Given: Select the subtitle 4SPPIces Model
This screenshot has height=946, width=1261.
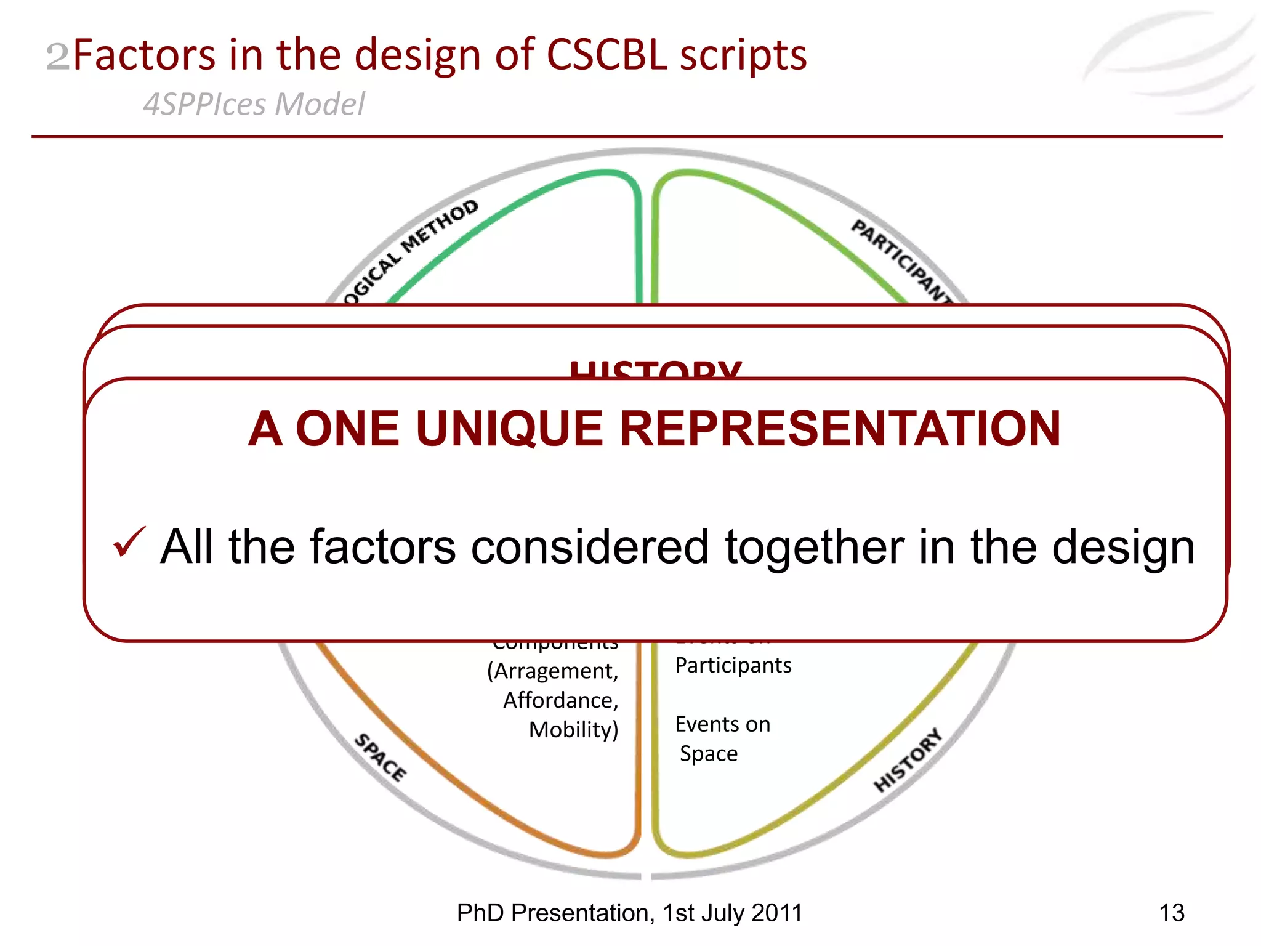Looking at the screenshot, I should tap(254, 103).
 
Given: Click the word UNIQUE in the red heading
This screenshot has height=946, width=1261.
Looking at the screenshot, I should tap(509, 429).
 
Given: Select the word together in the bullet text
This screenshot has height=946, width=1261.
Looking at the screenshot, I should tap(814, 547).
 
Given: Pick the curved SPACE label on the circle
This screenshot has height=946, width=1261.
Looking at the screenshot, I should tap(381, 758).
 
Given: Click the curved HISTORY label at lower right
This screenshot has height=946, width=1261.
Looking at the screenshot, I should tap(908, 760).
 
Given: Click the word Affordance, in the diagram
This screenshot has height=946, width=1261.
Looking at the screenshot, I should tap(560, 700).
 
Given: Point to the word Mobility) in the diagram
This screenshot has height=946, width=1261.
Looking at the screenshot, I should tap(573, 730).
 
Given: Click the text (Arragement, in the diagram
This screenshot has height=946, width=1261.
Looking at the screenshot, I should tap(552, 671).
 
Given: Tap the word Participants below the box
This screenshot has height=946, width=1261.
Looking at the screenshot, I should tap(733, 665).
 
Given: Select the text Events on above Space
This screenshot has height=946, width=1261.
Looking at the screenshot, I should tap(722, 724).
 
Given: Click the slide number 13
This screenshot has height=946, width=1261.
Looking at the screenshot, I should tap(1171, 913).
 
